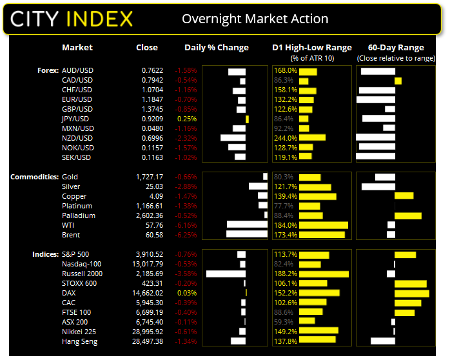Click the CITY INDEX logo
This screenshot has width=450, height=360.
[72, 19]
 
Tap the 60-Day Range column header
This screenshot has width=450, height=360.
[396, 48]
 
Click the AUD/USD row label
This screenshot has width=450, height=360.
[77, 70]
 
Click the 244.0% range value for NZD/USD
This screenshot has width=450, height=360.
[285, 138]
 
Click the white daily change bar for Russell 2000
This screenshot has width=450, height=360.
[226, 274]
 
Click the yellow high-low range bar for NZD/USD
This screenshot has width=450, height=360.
[313, 138]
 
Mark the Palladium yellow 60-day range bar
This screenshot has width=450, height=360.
[407, 215]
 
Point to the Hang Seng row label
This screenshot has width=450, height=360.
[80, 341]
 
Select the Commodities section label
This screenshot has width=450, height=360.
[34, 176]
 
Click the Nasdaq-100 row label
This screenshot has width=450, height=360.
[77, 264]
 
